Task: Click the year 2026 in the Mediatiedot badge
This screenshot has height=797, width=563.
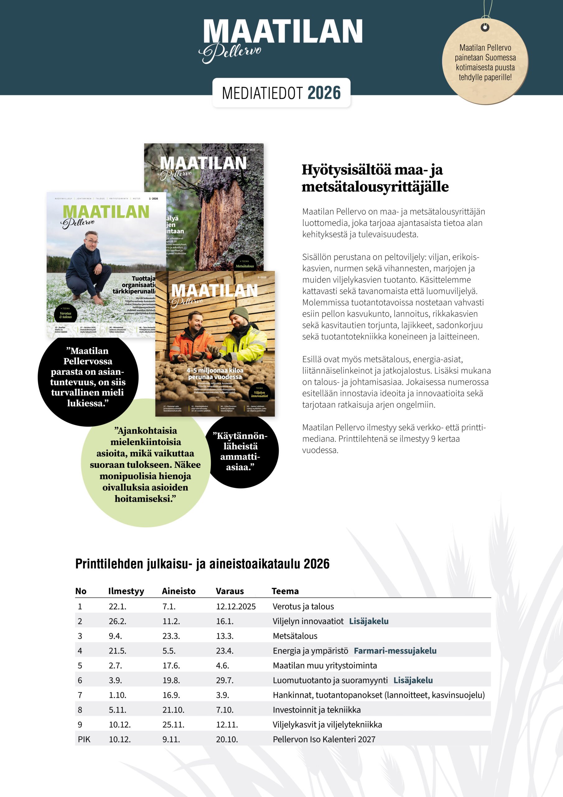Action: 324,93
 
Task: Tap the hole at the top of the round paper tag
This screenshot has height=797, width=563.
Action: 485,27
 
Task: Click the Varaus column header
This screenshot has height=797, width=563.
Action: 230,591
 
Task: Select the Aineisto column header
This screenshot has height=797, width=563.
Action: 179,591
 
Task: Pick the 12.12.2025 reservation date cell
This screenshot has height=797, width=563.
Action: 236,606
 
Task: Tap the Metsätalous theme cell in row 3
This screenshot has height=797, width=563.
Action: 295,636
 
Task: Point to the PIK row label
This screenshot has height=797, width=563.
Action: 84,739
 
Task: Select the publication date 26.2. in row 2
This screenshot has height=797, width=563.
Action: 118,621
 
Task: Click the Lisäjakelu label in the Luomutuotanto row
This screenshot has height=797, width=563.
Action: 413,680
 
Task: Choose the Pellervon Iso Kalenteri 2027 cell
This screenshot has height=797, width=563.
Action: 324,739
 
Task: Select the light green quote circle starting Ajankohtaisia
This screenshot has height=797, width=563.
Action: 145,465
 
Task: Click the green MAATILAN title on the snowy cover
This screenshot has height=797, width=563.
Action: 106,212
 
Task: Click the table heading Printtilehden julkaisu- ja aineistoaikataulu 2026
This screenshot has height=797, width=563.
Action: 202,564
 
